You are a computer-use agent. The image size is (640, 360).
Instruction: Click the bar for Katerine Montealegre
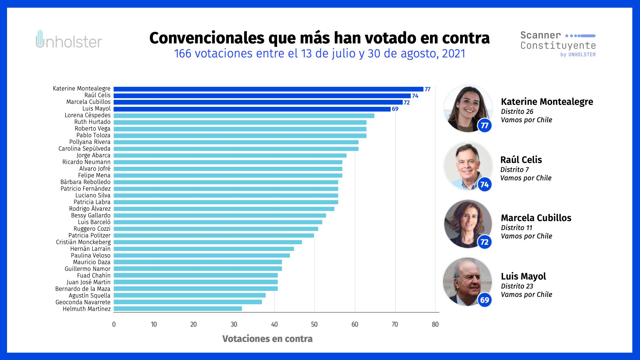[268, 89]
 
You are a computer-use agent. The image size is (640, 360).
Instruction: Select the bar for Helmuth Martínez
[177, 309]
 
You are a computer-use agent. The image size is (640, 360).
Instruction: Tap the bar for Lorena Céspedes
[244, 116]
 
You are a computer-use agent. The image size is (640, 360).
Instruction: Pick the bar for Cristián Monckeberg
[208, 242]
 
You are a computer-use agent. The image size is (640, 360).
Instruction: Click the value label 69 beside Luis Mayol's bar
[395, 109]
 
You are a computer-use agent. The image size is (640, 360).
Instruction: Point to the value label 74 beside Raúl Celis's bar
[415, 96]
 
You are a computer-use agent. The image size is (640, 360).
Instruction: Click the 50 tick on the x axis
[314, 324]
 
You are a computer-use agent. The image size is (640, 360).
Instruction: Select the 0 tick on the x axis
[114, 324]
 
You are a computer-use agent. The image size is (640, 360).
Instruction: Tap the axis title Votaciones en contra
[267, 339]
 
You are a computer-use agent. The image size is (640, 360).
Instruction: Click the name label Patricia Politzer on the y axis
[89, 235]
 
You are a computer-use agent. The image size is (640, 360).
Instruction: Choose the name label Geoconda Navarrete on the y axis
[83, 302]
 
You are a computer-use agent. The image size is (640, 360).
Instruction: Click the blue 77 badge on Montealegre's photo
[485, 126]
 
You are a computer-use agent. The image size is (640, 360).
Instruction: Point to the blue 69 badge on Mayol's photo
[485, 300]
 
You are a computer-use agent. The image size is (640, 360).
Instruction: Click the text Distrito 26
[517, 112]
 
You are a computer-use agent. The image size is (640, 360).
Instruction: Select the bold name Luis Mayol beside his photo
[523, 276]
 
